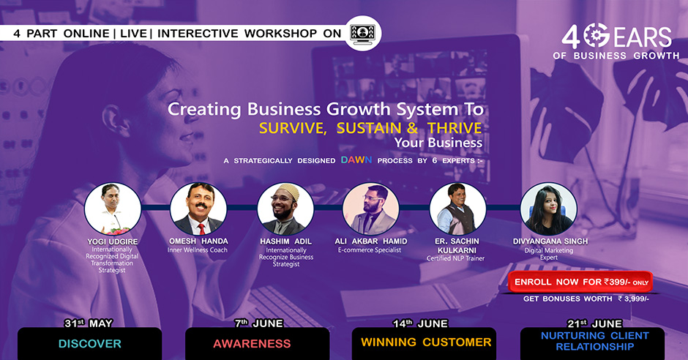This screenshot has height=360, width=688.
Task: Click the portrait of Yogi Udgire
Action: [x=113, y=209]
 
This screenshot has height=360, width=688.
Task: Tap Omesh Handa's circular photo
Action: [x=198, y=209]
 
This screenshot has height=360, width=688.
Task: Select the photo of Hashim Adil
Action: [x=285, y=209]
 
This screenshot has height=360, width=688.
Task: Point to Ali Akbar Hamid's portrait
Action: [x=371, y=209]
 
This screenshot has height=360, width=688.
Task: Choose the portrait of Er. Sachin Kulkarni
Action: [x=457, y=209]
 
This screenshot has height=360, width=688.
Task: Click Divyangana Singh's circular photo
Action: [x=548, y=209]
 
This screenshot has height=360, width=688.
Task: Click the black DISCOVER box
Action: [x=90, y=344]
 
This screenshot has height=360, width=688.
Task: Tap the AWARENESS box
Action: [x=258, y=344]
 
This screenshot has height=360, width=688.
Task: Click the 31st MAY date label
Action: [x=88, y=323]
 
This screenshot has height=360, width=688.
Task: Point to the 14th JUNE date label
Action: [x=420, y=323]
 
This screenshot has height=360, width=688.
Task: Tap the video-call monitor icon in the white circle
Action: [x=362, y=34]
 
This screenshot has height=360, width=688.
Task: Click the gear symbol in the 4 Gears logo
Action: [x=597, y=35]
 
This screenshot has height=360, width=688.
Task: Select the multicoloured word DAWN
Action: [x=356, y=160]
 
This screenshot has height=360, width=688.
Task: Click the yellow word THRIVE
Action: [x=455, y=128]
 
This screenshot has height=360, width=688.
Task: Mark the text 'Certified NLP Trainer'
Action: [x=455, y=258]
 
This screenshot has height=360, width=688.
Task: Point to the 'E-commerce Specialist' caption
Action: [x=370, y=250]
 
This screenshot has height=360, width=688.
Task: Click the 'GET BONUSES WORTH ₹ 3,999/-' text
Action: [x=586, y=299]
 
